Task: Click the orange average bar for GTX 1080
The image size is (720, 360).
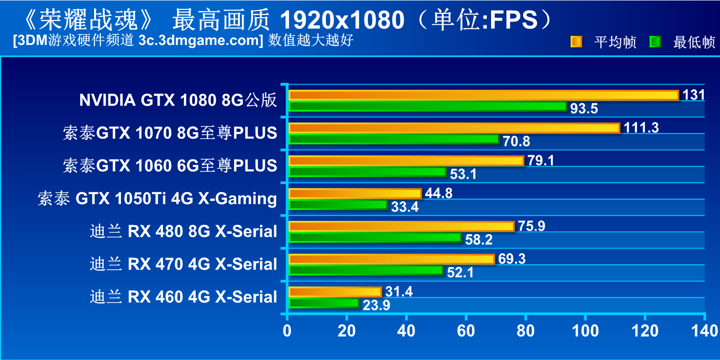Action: tap(484, 96)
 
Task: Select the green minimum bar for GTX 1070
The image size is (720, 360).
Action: tap(394, 139)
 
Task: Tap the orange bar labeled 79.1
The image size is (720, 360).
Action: tap(406, 161)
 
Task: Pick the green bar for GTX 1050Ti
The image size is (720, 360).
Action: tap(338, 205)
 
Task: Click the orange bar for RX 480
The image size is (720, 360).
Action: tap(401, 227)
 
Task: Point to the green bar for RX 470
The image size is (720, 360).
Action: tap(366, 271)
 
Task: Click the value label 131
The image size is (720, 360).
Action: tap(694, 95)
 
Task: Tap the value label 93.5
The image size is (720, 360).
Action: tap(584, 109)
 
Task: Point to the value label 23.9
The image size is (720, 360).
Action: tap(376, 305)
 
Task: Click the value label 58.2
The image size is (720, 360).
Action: tap(479, 240)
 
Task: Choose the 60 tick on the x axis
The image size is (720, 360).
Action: tap(466, 330)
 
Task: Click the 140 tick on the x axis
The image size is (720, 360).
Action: tap(704, 330)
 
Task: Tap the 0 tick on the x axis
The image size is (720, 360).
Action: tap(287, 330)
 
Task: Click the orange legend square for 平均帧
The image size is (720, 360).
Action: tap(576, 42)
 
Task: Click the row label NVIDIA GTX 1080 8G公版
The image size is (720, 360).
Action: tap(178, 100)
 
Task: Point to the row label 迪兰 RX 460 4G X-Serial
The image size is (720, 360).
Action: tap(183, 297)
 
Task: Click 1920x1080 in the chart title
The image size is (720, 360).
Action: tap(342, 20)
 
